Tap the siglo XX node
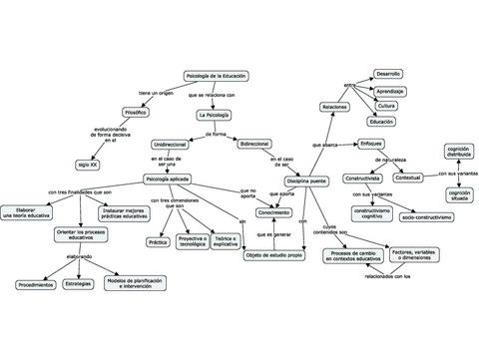[88, 163]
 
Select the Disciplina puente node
[305, 180]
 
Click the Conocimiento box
[273, 212]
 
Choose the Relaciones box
[334, 106]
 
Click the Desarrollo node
[388, 74]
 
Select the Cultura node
[387, 106]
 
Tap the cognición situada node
[459, 195]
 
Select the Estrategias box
[78, 285]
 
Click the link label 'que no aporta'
[247, 192]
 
